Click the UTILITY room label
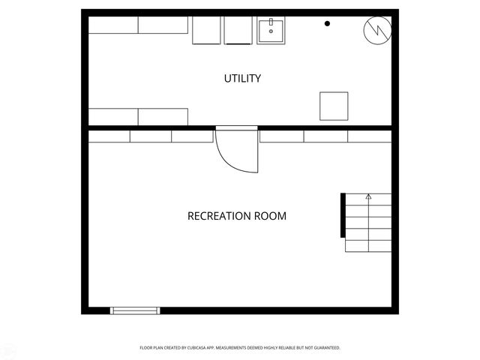[x=243, y=79]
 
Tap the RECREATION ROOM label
[x=236, y=216]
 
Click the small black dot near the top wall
[x=327, y=24]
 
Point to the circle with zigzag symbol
[x=376, y=30]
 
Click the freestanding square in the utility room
[x=334, y=106]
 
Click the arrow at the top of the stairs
[x=368, y=197]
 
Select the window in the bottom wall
[x=135, y=310]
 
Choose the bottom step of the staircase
[x=368, y=245]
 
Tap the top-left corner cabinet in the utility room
[x=113, y=25]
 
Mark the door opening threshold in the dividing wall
[x=236, y=128]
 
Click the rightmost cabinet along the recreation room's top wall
[x=369, y=136]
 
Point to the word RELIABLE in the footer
[x=294, y=348]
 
